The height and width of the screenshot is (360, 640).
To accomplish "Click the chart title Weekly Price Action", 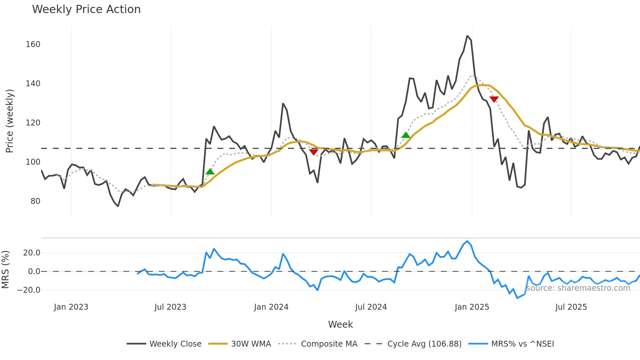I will click(x=86, y=9).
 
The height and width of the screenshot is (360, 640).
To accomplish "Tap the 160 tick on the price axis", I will click(x=33, y=44).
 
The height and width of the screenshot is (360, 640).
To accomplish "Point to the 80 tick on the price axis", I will click(x=35, y=201).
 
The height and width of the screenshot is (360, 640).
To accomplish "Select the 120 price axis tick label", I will click(x=33, y=123).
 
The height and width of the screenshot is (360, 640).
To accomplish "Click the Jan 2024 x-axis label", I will click(x=271, y=307).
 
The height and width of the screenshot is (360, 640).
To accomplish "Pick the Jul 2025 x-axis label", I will click(x=571, y=307).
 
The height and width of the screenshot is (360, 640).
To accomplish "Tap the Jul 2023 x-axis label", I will click(x=170, y=307).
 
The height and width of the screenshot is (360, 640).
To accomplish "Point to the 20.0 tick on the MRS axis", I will click(x=32, y=253).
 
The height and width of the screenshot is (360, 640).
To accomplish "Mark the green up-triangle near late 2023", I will click(x=210, y=172).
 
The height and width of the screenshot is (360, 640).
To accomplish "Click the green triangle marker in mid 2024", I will click(x=406, y=135).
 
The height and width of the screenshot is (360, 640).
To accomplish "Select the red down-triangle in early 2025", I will click(x=494, y=99).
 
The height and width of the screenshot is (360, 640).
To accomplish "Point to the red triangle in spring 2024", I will click(x=313, y=152).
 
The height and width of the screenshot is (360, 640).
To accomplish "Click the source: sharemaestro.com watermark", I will click(x=578, y=288).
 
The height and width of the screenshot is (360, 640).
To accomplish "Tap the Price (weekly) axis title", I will click(x=9, y=121).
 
